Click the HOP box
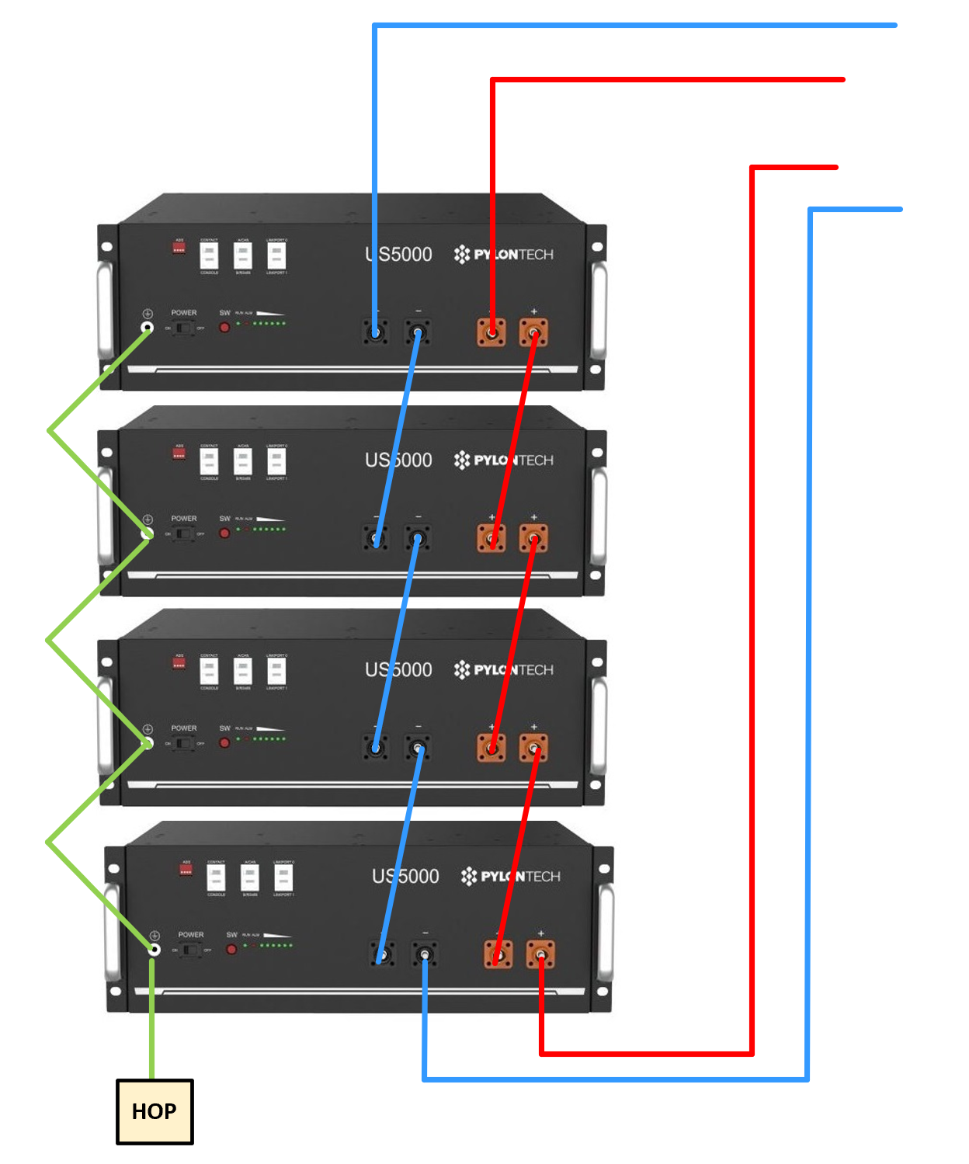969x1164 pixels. click(155, 1111)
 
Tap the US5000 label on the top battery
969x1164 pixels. click(398, 255)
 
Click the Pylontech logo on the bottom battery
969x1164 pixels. click(510, 877)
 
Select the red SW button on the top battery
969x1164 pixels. click(224, 328)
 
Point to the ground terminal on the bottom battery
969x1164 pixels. click(155, 948)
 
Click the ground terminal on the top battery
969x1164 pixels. click(148, 327)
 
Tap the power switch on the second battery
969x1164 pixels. click(183, 533)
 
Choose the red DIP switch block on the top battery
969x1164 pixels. click(179, 248)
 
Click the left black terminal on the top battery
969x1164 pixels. click(376, 333)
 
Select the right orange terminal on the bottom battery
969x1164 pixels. click(540, 954)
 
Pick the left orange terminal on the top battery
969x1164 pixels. click(491, 332)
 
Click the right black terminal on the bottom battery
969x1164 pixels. click(424, 954)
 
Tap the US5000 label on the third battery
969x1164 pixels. click(398, 670)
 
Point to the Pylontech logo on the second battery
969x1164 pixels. click(503, 460)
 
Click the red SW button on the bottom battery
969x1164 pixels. click(231, 949)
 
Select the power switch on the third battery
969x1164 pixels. click(183, 743)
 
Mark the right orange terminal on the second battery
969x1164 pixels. click(533, 538)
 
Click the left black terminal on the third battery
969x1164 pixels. click(376, 748)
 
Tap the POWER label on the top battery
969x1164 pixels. click(184, 313)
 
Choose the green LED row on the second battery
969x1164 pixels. click(269, 529)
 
